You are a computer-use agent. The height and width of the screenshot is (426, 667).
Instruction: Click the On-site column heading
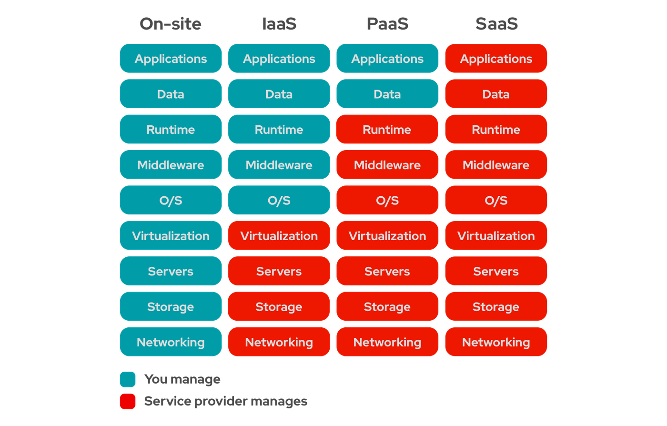coord(171,24)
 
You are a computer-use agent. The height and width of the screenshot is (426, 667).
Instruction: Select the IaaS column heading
coord(279,24)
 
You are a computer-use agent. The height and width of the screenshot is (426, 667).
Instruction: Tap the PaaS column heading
coord(387,24)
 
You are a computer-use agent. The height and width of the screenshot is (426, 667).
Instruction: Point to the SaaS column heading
coord(496,24)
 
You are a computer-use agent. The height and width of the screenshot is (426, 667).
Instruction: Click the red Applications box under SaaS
coord(496,59)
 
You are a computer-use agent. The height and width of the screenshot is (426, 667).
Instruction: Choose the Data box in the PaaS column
coord(387,94)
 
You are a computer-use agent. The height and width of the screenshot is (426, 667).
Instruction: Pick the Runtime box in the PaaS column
coord(387,129)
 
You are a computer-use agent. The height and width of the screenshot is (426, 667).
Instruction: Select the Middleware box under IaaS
coord(279,165)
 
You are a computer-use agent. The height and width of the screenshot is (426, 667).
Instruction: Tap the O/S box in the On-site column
coord(171,200)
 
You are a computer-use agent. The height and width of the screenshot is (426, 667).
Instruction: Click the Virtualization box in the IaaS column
coord(279,236)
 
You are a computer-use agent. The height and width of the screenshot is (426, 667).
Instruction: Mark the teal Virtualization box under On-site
coord(171,236)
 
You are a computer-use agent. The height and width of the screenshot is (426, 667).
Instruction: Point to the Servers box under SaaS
coord(496,271)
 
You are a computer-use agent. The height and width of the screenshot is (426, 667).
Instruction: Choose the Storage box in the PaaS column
coord(387,306)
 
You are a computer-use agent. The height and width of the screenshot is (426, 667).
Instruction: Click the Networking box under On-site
coord(171,342)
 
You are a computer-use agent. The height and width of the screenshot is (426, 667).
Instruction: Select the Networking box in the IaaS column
coord(279,342)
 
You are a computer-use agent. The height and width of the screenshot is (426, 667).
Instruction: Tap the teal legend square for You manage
coord(128,379)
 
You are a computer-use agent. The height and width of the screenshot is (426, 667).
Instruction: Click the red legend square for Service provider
coord(128,401)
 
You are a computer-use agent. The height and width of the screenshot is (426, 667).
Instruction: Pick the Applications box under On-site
coord(171,59)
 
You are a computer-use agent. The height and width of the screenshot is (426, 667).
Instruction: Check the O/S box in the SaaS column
coord(496,200)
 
